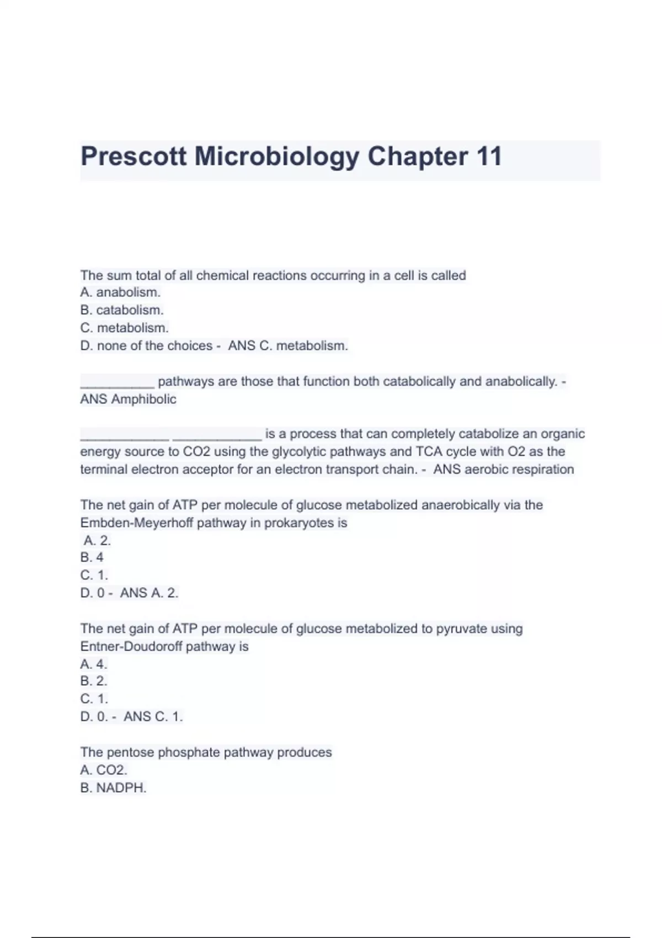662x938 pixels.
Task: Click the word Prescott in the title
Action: (134, 156)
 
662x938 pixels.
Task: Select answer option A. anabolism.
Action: (120, 292)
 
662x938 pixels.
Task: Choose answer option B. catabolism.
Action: (122, 310)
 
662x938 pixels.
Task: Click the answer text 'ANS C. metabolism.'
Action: (288, 346)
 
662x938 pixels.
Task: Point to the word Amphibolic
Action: (143, 399)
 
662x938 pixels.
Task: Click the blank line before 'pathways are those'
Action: (117, 382)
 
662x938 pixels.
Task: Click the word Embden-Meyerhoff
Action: (136, 523)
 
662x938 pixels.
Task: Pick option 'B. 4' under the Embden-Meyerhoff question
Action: (92, 558)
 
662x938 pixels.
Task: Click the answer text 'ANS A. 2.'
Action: (149, 593)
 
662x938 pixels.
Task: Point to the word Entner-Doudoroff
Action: (131, 647)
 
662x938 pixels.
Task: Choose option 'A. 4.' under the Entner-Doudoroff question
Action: (93, 664)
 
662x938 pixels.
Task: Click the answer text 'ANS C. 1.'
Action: (153, 717)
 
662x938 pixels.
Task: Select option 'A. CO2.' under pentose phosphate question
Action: (104, 770)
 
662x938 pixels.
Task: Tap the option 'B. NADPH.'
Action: (113, 788)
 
